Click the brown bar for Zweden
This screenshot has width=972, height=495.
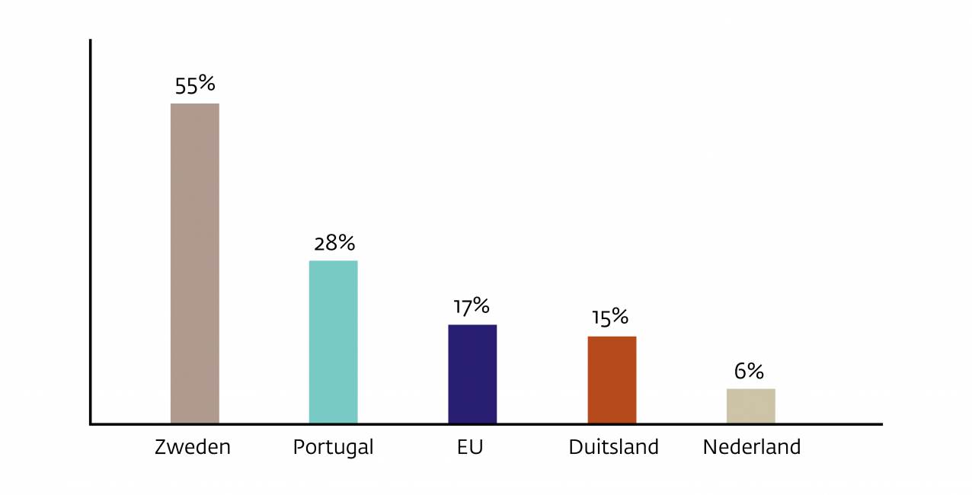pos(194,263)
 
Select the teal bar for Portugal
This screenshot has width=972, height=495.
pos(333,341)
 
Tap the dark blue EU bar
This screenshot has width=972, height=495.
pos(472,373)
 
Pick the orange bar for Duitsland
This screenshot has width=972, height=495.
pos(612,379)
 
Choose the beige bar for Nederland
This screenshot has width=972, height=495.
pos(750,405)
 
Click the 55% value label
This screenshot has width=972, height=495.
pos(195,85)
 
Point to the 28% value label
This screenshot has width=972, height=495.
pos(334,244)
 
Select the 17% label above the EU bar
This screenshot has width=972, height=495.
pos(472,307)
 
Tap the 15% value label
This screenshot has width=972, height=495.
pos(610,318)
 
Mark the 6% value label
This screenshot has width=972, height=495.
pos(749,371)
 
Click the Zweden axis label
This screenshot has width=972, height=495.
pos(193,447)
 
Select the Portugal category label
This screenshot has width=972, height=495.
pos(333,448)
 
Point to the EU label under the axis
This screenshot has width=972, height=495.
pos(470,447)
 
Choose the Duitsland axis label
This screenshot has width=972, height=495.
pos(613,447)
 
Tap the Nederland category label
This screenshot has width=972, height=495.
pos(752,447)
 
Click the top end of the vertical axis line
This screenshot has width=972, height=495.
pos(90,41)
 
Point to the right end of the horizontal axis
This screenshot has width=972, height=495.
pos(881,424)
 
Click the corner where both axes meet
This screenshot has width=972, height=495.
pos(90,424)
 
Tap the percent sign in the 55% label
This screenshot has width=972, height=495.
pos(206,83)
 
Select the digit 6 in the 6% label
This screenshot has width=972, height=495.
pos(740,372)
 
